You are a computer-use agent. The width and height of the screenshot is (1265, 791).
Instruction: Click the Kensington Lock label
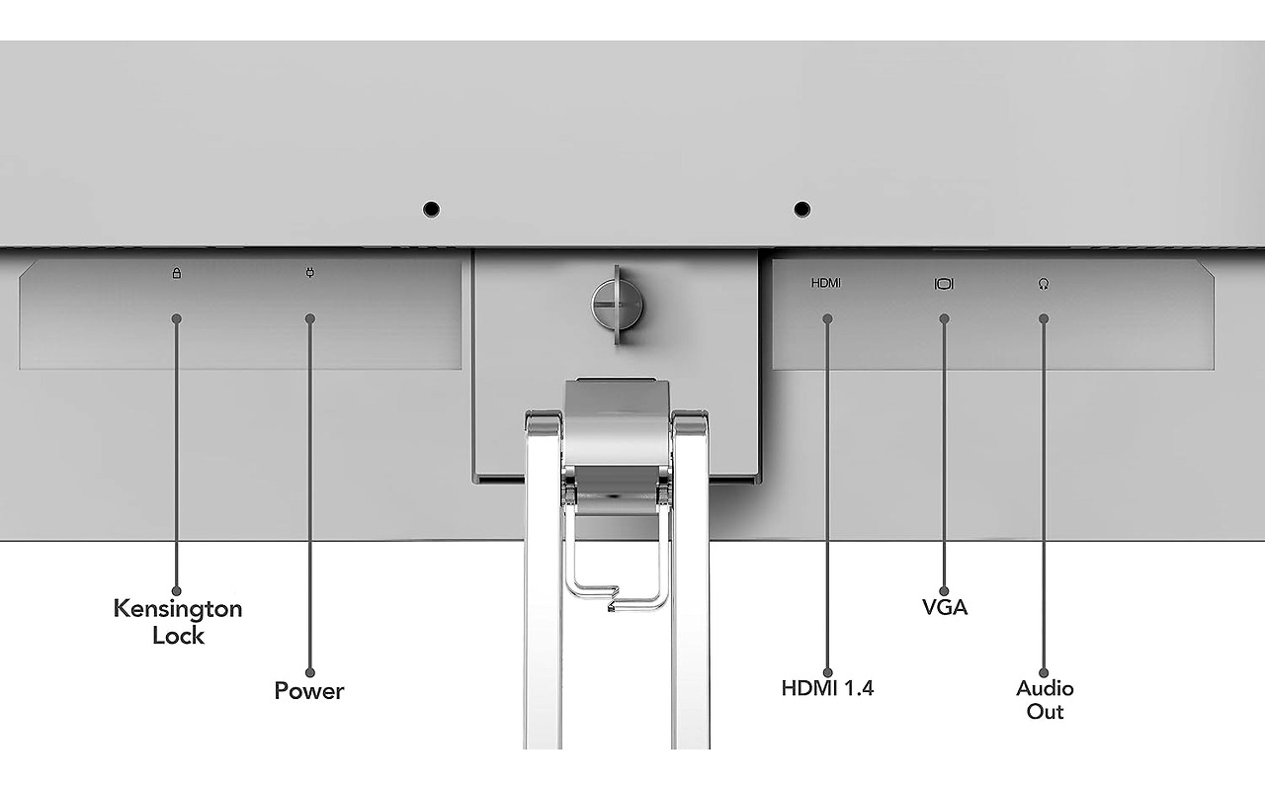point(178,622)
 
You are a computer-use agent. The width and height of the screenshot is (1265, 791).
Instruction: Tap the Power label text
point(309,691)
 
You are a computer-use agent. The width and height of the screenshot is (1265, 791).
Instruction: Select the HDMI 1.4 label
point(827,688)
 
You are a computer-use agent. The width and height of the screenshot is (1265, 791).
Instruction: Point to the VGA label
point(944,607)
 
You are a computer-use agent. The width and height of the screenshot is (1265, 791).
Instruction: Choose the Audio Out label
point(1045,700)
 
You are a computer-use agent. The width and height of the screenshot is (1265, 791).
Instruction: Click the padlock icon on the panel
point(177,274)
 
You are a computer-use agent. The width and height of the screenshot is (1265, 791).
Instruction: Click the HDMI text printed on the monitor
point(825,283)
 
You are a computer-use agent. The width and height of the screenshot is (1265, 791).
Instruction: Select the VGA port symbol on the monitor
point(944,284)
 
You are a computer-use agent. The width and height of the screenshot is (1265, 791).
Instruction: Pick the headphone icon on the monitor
point(1044,284)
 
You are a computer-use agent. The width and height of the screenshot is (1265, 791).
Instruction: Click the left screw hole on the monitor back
point(432,210)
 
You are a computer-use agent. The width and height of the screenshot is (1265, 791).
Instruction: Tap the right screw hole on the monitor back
point(801,210)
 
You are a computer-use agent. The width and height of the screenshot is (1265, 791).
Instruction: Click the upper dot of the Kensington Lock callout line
point(177,319)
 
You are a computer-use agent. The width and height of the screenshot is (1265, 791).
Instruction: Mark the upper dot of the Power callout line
point(310,319)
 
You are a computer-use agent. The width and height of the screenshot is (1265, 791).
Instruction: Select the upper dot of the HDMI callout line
point(828,319)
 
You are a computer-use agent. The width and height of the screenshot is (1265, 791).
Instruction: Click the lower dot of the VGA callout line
point(944,591)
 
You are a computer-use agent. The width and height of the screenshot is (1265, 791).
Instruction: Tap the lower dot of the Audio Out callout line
point(1044,673)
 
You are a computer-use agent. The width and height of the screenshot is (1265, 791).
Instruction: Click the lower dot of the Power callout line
point(310,673)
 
